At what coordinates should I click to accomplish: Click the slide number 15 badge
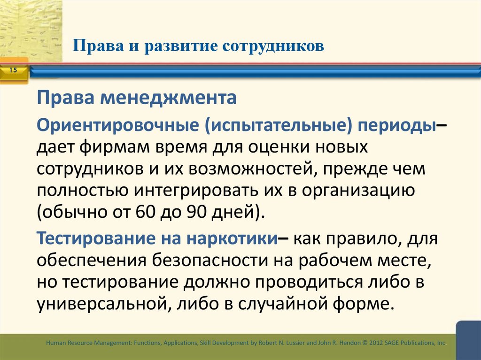click(13, 70)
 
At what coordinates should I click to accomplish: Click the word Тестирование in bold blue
click(101, 237)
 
